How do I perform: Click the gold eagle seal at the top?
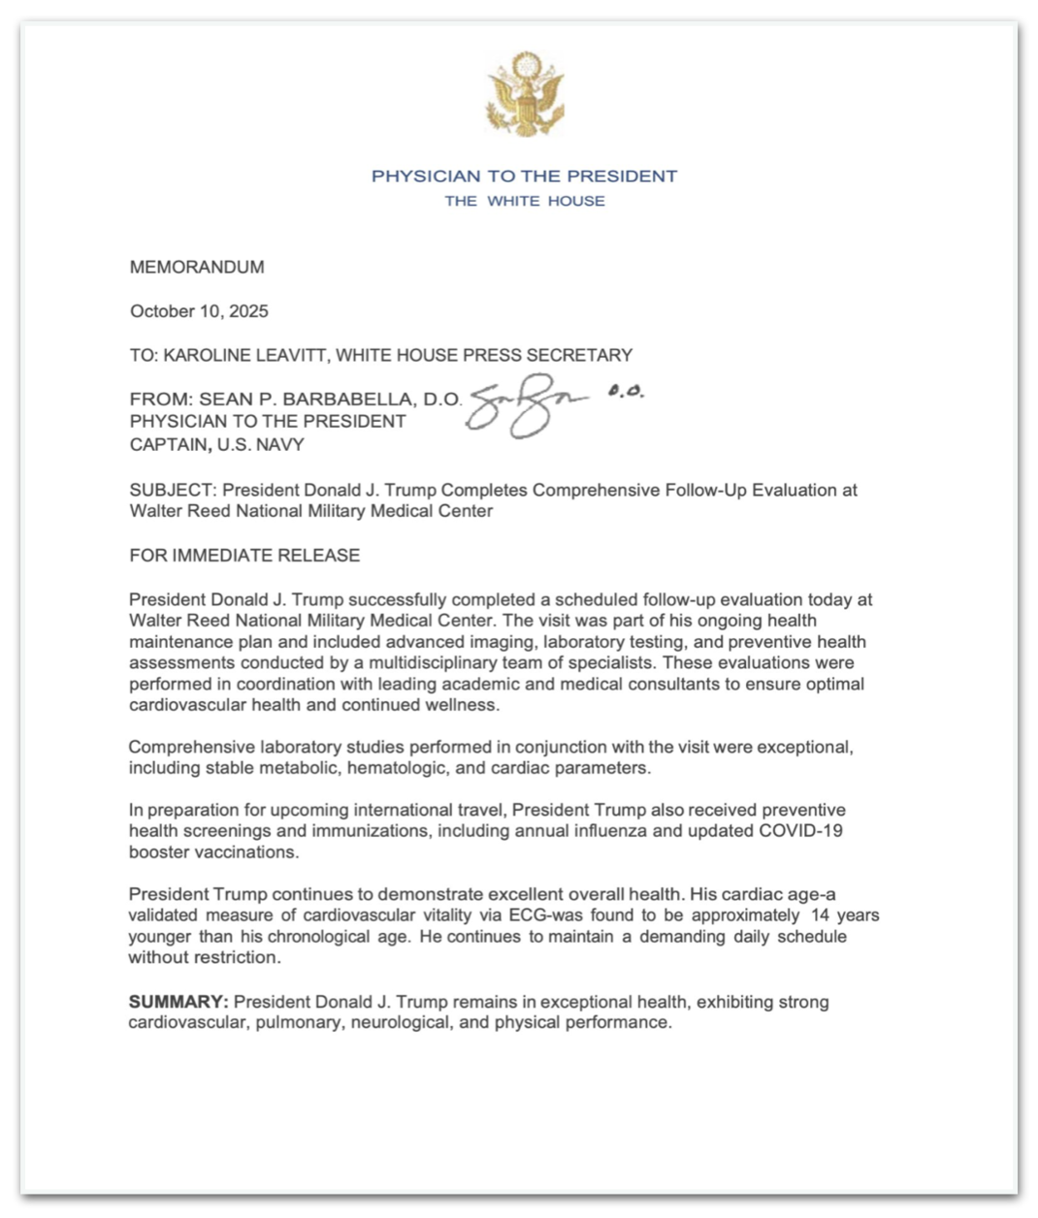point(525,94)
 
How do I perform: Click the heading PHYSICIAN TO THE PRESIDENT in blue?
point(524,176)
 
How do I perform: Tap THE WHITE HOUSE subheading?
point(525,201)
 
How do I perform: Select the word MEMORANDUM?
point(197,268)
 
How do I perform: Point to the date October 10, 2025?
point(199,311)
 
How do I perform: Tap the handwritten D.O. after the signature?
point(626,392)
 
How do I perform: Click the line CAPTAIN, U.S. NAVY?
point(217,445)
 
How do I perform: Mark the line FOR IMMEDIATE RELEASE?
point(244,556)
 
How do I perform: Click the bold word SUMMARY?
point(178,1002)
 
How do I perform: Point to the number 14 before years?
point(821,915)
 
